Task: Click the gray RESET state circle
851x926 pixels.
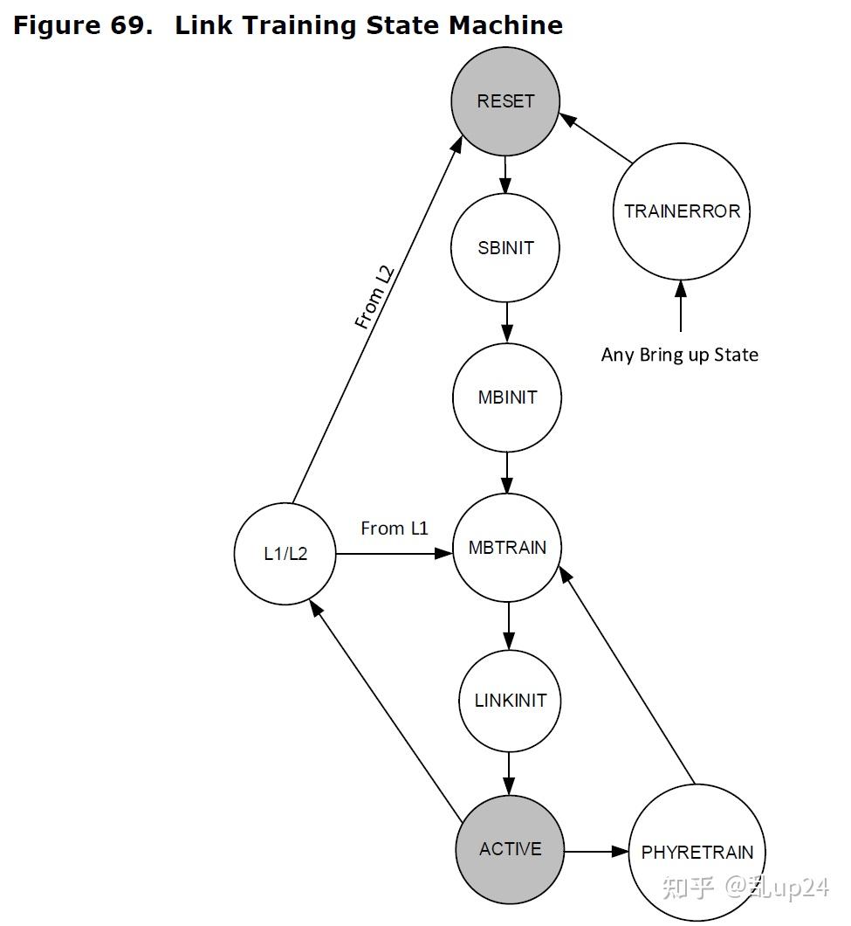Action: click(x=505, y=101)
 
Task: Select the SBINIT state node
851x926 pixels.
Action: click(x=505, y=248)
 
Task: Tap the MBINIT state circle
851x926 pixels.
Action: click(x=507, y=397)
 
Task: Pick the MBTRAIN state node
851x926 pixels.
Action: click(x=507, y=548)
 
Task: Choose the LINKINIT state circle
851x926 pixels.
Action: click(x=511, y=701)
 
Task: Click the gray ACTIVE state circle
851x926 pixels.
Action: click(x=511, y=849)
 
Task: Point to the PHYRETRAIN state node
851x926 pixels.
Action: click(x=697, y=853)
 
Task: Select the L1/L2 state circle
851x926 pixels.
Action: click(x=285, y=554)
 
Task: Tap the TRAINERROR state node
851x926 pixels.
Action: click(x=682, y=211)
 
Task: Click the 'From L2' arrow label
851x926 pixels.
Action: click(x=374, y=297)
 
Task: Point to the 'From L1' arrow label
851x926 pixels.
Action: click(x=395, y=529)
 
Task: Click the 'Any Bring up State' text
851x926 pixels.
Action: click(x=680, y=355)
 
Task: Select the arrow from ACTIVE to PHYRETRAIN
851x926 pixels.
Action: click(x=596, y=851)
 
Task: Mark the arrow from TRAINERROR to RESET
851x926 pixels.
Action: click(x=596, y=137)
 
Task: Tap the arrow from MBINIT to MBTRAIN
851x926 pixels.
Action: click(x=508, y=472)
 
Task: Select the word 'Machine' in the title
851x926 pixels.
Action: click(x=505, y=26)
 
